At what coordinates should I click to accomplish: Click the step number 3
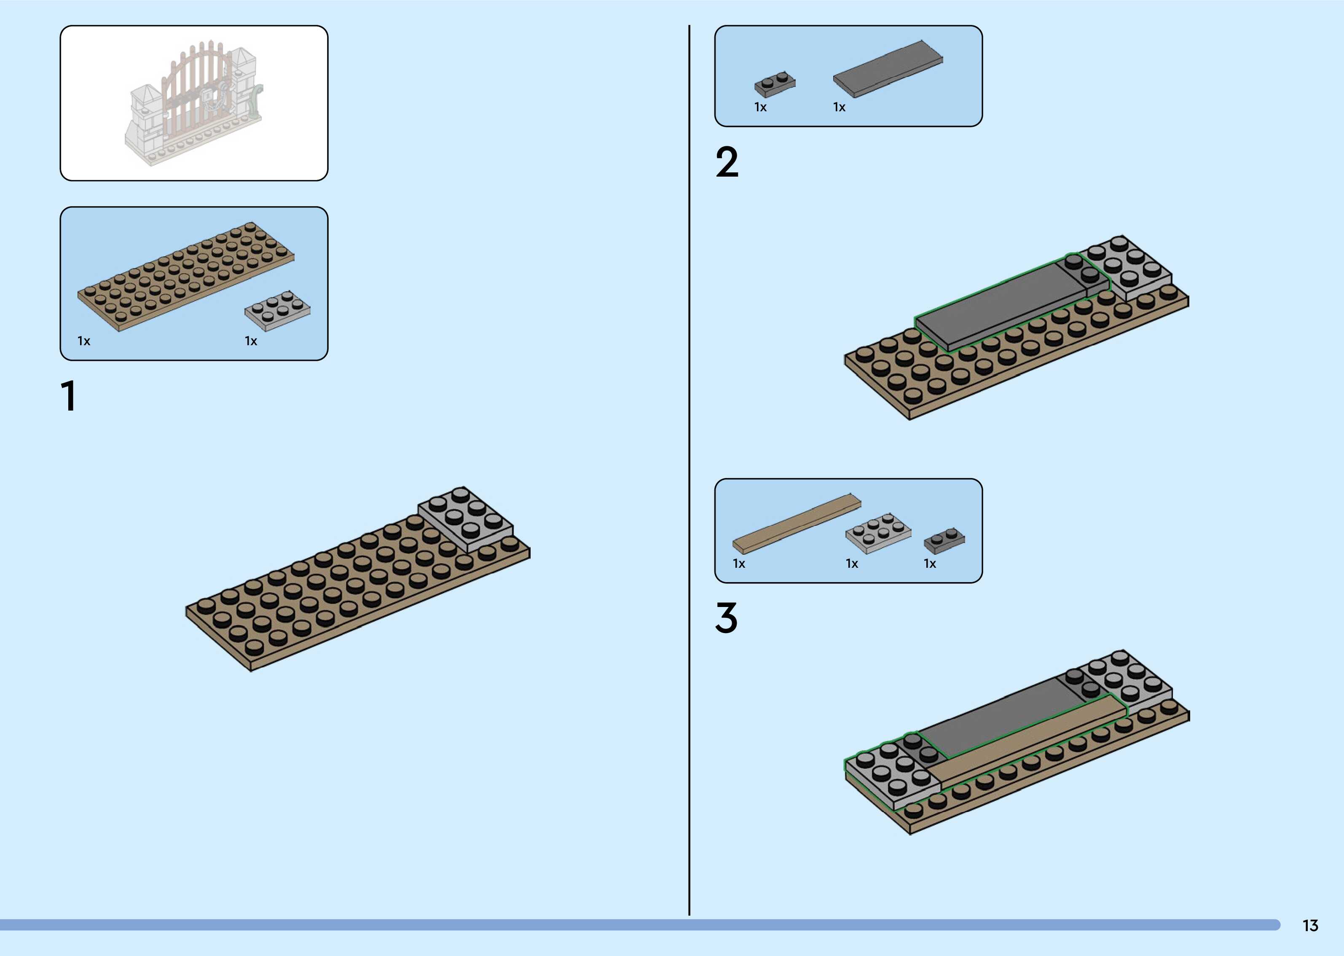point(726,618)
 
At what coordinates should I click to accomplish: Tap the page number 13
point(1310,925)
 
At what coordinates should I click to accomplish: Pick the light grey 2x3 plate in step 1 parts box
point(277,310)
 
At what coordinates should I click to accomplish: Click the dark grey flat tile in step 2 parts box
point(888,70)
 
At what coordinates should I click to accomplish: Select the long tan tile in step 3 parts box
point(796,524)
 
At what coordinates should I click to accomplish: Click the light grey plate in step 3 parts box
point(878,533)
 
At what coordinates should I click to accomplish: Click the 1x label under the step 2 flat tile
point(839,107)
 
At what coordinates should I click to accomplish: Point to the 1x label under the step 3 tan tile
point(739,564)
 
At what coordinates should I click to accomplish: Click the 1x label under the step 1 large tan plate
point(84,341)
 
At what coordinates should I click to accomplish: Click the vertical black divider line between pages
point(689,471)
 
